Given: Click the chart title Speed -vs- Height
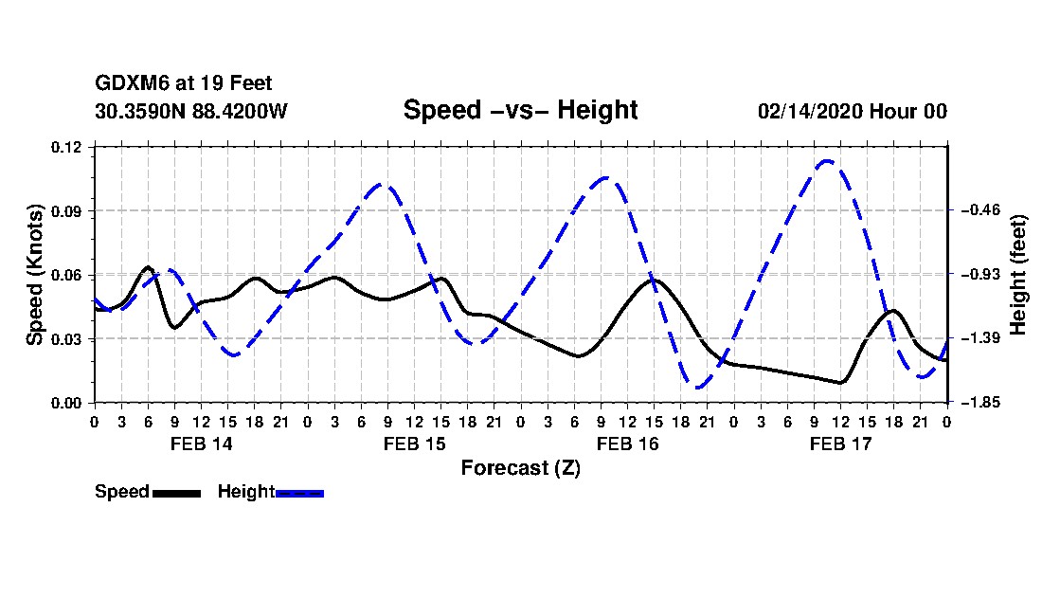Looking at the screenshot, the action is tap(520, 110).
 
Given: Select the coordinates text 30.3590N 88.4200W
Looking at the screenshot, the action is tap(191, 111).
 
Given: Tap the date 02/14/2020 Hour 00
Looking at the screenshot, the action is tap(853, 111).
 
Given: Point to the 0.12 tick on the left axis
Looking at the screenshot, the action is tap(66, 147).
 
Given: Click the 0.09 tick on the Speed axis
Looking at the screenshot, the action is tap(66, 211).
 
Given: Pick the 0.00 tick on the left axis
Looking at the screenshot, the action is tap(66, 403).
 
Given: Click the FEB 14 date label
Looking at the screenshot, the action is tap(202, 444).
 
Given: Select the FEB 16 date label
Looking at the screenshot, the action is tap(627, 444).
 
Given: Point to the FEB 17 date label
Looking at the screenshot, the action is tap(840, 444).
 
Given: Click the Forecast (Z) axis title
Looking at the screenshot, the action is tap(521, 468).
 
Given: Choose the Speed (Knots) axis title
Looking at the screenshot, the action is tap(34, 275).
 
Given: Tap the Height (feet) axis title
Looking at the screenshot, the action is tap(1017, 275).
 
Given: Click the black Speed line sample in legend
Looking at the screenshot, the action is tap(177, 493).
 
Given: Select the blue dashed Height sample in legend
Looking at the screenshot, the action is tap(299, 493).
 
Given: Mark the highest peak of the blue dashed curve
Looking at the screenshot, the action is tap(827, 160).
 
